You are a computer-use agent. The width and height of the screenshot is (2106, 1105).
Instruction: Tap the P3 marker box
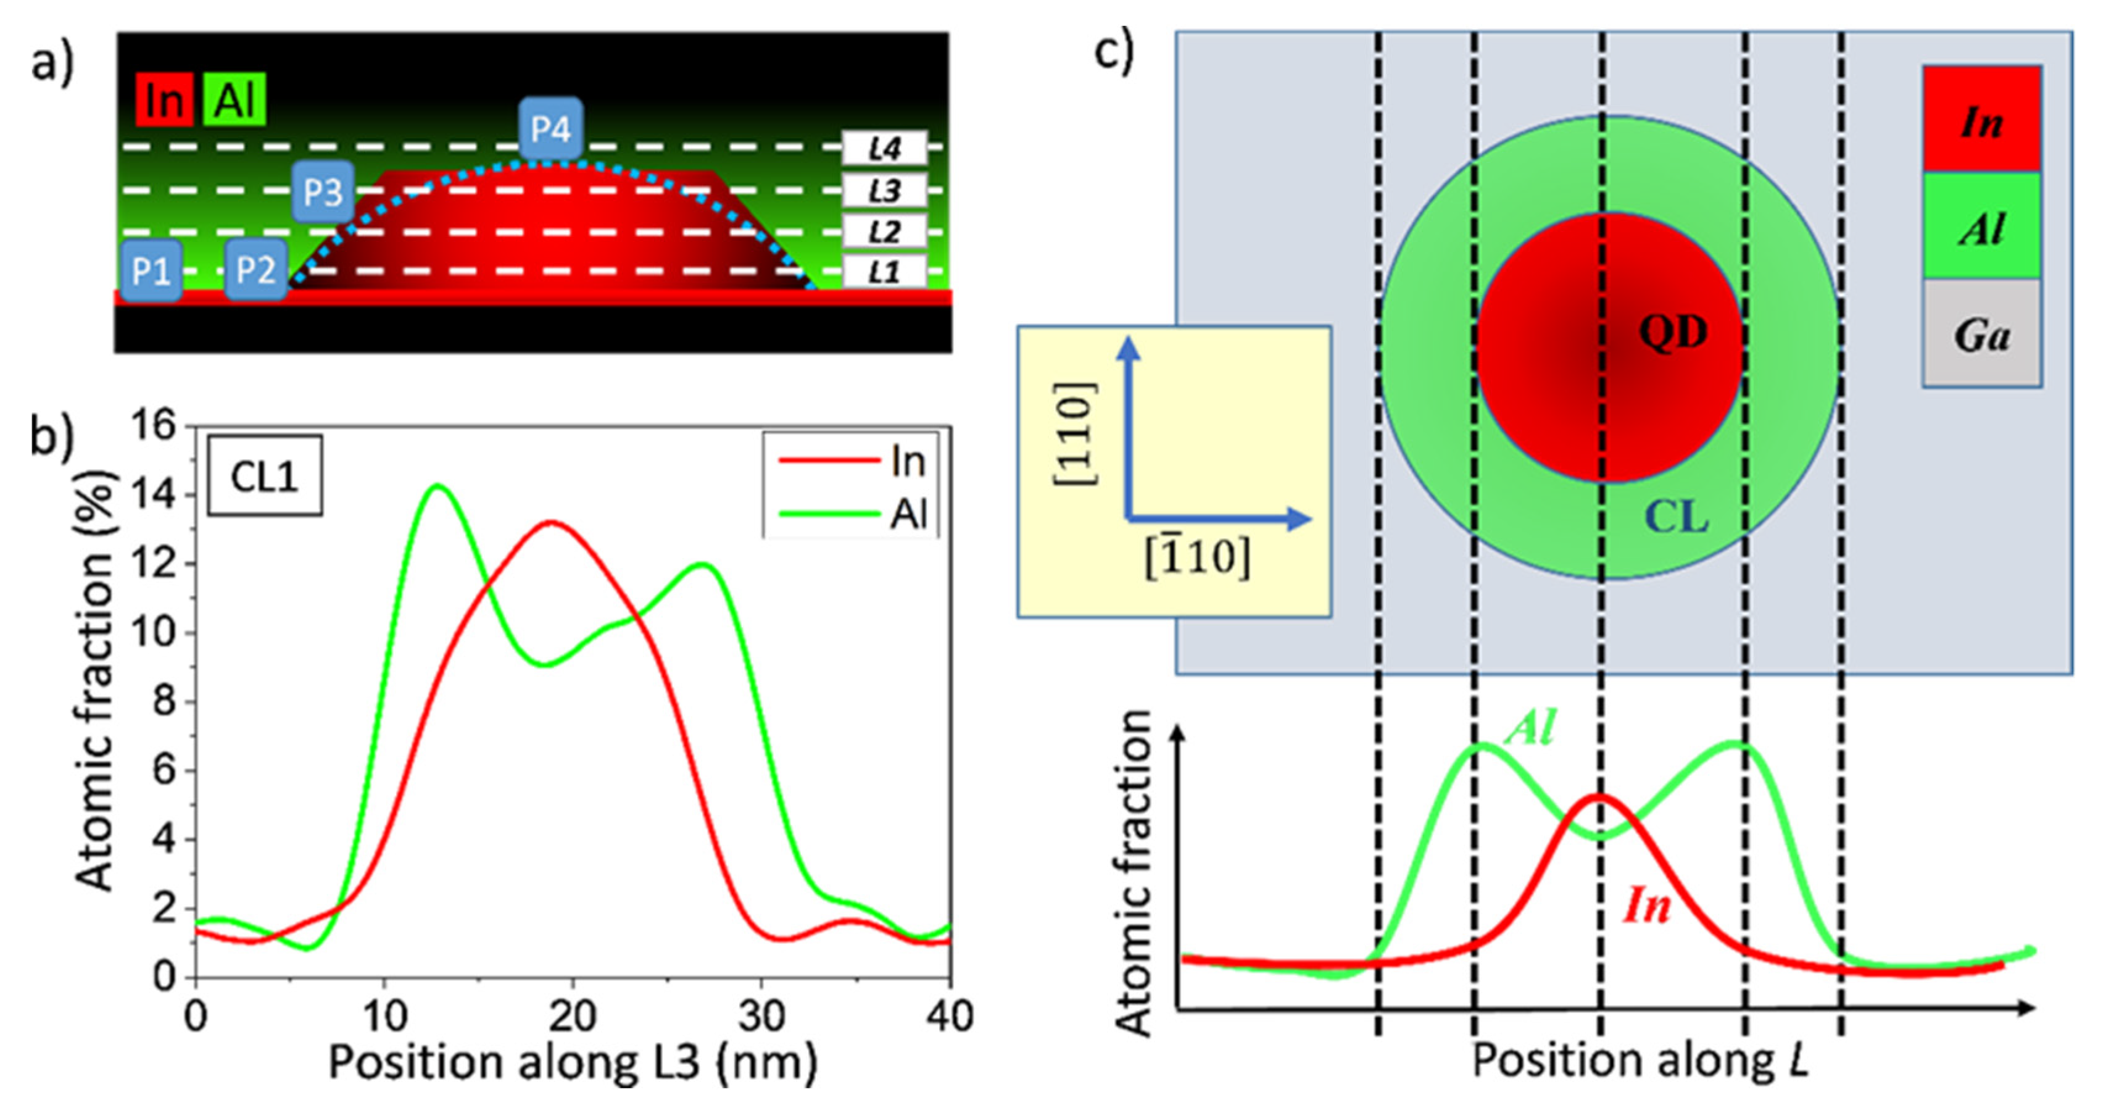tap(323, 192)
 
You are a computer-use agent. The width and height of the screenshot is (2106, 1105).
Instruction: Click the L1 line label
tap(885, 272)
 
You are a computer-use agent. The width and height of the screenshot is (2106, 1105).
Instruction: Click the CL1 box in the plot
tap(264, 476)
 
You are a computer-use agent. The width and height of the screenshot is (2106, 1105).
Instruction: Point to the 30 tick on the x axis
tap(761, 1017)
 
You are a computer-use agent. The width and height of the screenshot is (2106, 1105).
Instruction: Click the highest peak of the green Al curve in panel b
tap(437, 486)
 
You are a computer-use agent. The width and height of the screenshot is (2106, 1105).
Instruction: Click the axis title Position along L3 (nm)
tap(572, 1062)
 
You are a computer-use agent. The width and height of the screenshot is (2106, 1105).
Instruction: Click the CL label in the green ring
tap(1675, 517)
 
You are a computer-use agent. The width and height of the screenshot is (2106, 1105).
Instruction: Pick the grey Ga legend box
tap(1981, 334)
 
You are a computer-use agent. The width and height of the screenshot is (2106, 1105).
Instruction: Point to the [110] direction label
tap(1074, 433)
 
